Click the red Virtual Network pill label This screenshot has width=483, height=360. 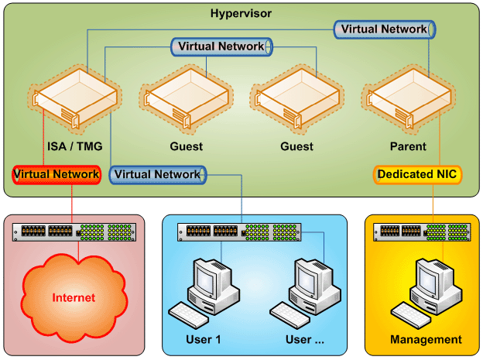point(57,174)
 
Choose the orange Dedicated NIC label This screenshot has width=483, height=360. point(418,174)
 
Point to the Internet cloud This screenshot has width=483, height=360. point(74,297)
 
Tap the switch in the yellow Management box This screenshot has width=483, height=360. point(422,231)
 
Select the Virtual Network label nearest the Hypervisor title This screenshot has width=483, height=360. point(385,29)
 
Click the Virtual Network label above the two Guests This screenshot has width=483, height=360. point(221,46)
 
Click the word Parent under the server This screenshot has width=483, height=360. point(408,146)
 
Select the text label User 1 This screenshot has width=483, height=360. point(203,339)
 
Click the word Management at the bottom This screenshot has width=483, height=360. point(426,339)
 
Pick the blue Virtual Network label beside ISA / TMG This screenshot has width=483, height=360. point(157,174)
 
